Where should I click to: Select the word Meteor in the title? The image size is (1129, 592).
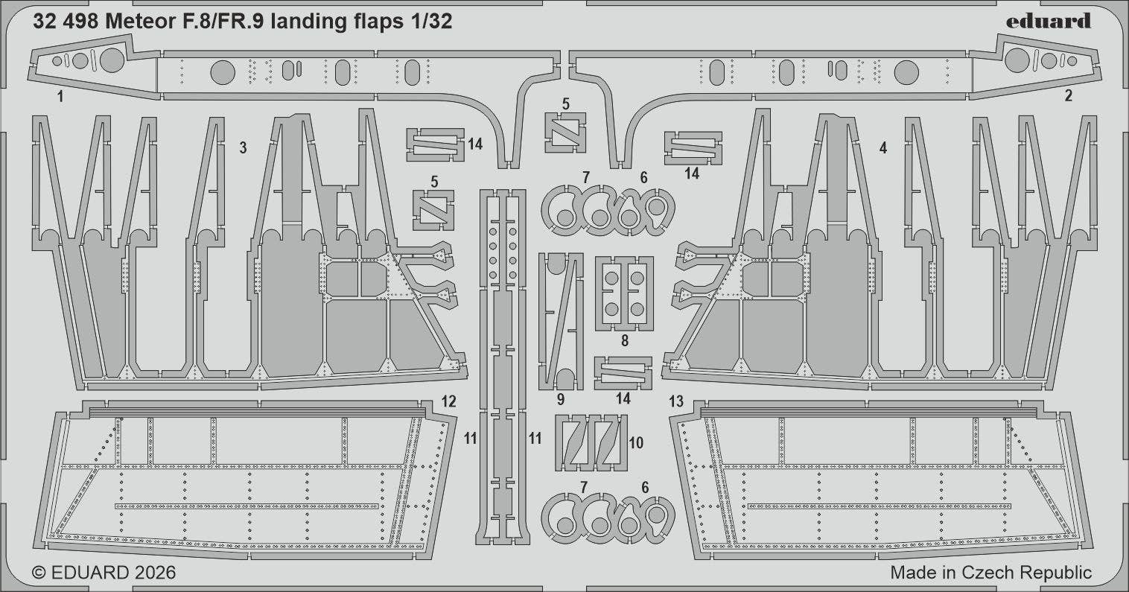138,22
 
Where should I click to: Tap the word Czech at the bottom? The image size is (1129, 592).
996,573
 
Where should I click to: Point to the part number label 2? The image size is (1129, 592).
1068,95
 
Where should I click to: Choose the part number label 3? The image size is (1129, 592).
243,148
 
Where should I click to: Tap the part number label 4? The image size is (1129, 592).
882,148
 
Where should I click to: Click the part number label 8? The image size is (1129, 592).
624,341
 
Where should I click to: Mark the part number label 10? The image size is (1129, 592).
635,442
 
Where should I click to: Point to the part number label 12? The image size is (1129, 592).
448,402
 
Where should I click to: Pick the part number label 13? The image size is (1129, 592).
675,402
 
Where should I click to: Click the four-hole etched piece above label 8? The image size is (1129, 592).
624,293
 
